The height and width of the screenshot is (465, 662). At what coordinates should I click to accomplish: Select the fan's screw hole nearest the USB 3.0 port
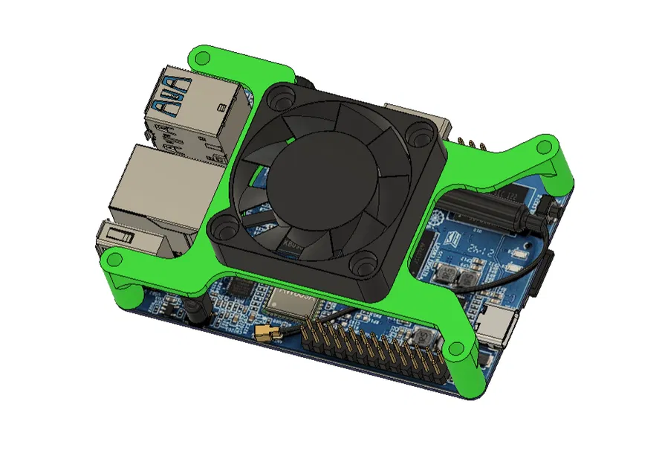[281, 95]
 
